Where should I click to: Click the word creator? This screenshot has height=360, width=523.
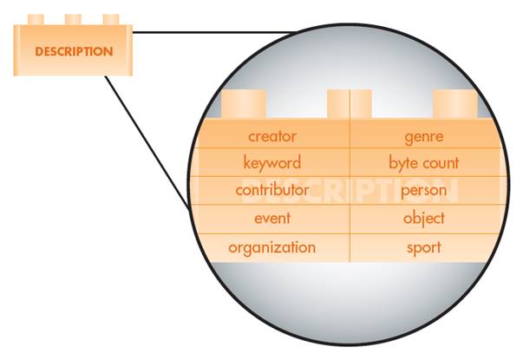coord(271,136)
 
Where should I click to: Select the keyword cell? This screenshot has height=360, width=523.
coord(271,162)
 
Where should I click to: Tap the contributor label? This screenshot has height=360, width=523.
coord(271,189)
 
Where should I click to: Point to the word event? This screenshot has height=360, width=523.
coord(271,218)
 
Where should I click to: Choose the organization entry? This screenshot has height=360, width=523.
coord(271,247)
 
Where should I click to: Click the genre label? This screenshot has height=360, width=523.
coord(424,136)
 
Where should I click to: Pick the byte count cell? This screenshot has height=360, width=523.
coord(424,162)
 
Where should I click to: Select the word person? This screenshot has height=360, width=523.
coord(424,189)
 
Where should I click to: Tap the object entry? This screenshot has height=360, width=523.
coord(424,218)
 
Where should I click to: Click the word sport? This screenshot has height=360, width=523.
coord(424,247)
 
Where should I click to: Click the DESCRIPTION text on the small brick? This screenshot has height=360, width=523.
coord(74,51)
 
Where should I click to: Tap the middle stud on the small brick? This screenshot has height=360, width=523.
coord(73,19)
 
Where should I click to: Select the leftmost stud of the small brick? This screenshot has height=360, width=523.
coord(36,19)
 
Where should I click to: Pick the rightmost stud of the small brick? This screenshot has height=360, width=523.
coord(111,19)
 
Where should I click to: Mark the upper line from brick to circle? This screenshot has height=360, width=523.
coord(217,33)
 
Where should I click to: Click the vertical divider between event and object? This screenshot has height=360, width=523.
coord(350,218)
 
